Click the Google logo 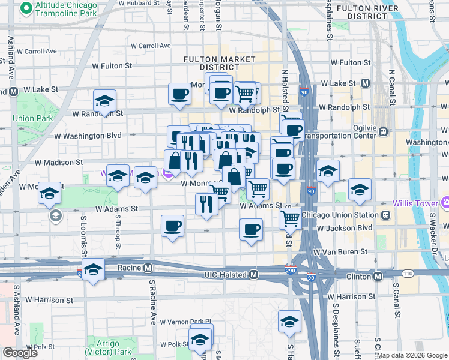point(20,353)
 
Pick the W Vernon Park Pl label point(185,322)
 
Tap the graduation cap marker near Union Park point(104,100)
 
